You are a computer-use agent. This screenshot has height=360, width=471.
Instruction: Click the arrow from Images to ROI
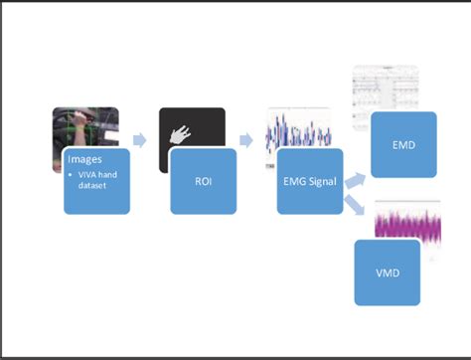140,140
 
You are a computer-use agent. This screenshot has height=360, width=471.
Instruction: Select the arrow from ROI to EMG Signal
246,140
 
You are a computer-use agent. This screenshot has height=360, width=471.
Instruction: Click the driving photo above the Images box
84,126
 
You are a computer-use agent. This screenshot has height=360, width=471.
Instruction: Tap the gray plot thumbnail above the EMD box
392,90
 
